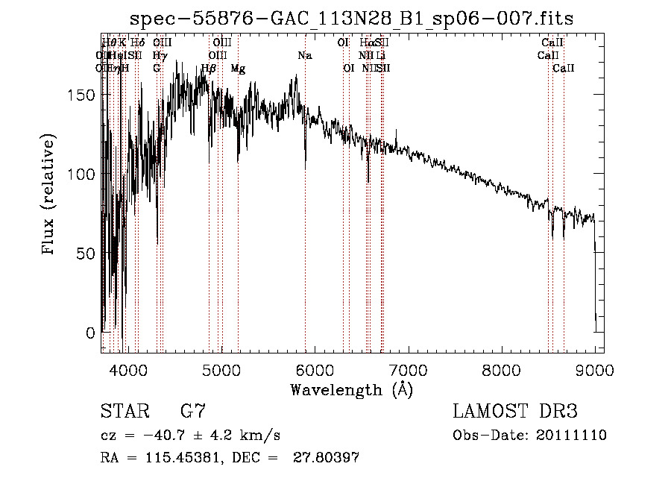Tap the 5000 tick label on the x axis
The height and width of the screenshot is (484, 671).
pyautogui.click(x=221, y=369)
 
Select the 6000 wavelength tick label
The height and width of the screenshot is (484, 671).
pyautogui.click(x=314, y=369)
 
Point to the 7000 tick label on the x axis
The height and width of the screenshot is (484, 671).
pyautogui.click(x=408, y=369)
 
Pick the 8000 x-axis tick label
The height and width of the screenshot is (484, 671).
pyautogui.click(x=501, y=369)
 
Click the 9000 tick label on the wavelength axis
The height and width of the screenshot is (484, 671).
pyautogui.click(x=594, y=369)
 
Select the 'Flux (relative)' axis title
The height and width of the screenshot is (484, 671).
pyautogui.click(x=50, y=195)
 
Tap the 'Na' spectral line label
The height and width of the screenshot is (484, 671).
pyautogui.click(x=304, y=55)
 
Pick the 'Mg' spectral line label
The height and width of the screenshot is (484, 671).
pyautogui.click(x=237, y=69)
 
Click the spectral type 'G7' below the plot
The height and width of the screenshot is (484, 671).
pyautogui.click(x=193, y=411)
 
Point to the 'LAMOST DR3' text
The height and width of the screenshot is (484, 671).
pyautogui.click(x=515, y=411)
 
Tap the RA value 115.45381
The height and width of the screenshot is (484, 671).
pyautogui.click(x=175, y=458)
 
